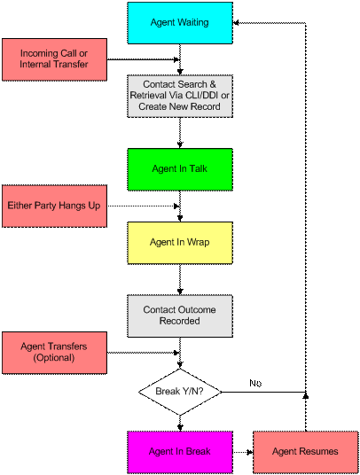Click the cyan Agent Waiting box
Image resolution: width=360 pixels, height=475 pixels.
(x=180, y=23)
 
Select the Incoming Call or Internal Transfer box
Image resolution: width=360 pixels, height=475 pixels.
(x=55, y=59)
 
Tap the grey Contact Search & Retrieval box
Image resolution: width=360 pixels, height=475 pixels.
(x=180, y=96)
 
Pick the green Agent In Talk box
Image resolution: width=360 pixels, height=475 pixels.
(x=180, y=169)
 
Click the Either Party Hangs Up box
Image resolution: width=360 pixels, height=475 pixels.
(x=55, y=206)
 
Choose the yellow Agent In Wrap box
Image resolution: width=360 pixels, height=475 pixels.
(x=180, y=243)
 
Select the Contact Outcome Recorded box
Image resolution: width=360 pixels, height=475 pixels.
(x=180, y=316)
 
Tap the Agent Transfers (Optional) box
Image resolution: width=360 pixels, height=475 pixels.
(x=55, y=353)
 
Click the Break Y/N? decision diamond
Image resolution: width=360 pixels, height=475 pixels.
(x=180, y=392)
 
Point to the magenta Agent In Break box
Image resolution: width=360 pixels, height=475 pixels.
(x=180, y=452)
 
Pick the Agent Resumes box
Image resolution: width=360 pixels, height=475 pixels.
(x=305, y=452)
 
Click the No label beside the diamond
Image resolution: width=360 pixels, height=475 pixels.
(x=255, y=383)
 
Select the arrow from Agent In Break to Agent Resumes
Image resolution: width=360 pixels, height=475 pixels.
(x=243, y=452)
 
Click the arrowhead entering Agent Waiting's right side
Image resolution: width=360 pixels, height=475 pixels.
(x=236, y=23)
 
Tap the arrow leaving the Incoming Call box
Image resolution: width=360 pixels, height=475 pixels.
(x=144, y=59)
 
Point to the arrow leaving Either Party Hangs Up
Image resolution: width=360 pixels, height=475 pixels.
(x=144, y=206)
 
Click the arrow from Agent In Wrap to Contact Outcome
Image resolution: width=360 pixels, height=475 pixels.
(x=180, y=279)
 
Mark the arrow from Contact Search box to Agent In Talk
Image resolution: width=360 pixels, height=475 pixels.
(x=180, y=133)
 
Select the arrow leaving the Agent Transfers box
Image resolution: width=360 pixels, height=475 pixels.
(x=144, y=353)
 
